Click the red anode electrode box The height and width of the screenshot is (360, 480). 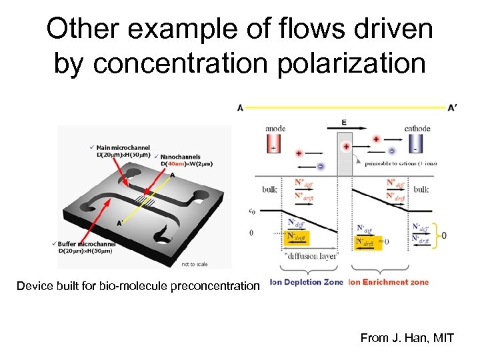pyautogui.click(x=273, y=145)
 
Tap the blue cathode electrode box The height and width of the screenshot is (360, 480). pyautogui.click(x=416, y=145)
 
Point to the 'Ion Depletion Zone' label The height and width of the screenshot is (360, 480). pyautogui.click(x=307, y=282)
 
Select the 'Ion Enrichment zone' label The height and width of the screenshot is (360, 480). pyautogui.click(x=389, y=282)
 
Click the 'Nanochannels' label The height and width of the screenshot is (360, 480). pyautogui.click(x=180, y=157)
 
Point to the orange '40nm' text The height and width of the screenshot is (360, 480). pyautogui.click(x=174, y=164)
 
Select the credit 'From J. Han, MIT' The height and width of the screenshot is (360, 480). pyautogui.click(x=407, y=338)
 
